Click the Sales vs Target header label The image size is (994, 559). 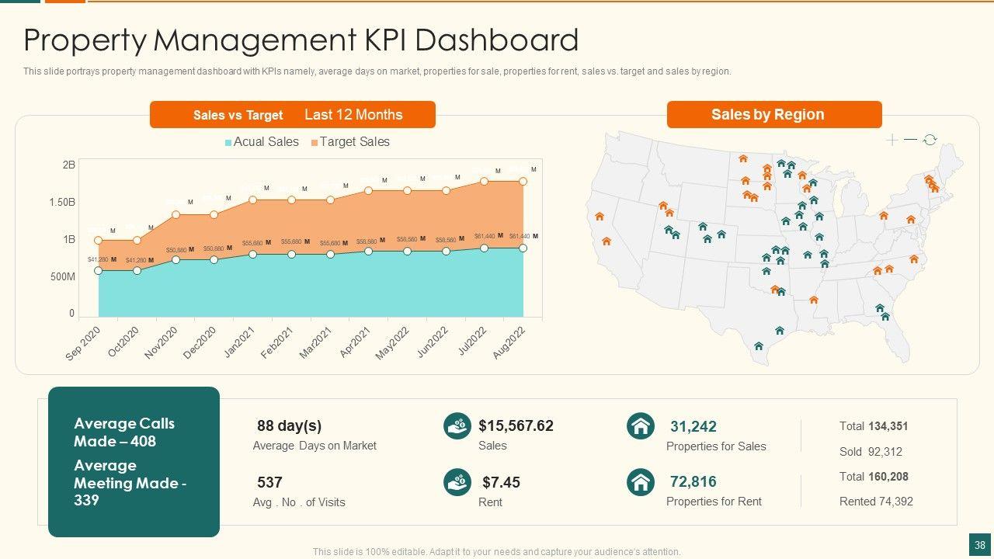pyautogui.click(x=238, y=115)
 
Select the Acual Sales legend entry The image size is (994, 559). pyautogui.click(x=262, y=142)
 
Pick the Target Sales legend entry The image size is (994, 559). pyautogui.click(x=350, y=142)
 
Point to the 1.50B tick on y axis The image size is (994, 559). pyautogui.click(x=61, y=202)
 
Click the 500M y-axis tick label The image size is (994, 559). pyautogui.click(x=62, y=277)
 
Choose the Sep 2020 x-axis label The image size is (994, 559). pyautogui.click(x=83, y=343)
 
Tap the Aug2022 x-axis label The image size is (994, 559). pyautogui.click(x=509, y=342)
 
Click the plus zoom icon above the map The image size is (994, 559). pyautogui.click(x=892, y=140)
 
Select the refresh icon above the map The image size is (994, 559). pyautogui.click(x=930, y=140)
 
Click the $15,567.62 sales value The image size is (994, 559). pyautogui.click(x=516, y=425)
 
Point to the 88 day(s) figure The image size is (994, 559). pyautogui.click(x=289, y=425)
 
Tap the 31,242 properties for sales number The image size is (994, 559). pyautogui.click(x=693, y=426)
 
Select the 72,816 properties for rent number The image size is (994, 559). pyautogui.click(x=693, y=481)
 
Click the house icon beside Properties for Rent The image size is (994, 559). pyautogui.click(x=641, y=482)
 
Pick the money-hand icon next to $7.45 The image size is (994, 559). pyautogui.click(x=457, y=482)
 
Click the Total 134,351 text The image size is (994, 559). pyautogui.click(x=873, y=426)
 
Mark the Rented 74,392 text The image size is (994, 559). pyautogui.click(x=876, y=502)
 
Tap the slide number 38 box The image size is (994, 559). pyautogui.click(x=979, y=544)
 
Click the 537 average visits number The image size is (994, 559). pyautogui.click(x=269, y=482)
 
